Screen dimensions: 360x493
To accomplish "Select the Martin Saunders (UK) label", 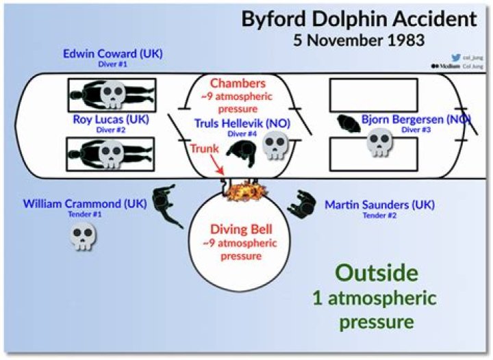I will tap(379, 205).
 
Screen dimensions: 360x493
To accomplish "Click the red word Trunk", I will tap(203, 148).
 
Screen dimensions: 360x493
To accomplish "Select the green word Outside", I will tap(377, 272).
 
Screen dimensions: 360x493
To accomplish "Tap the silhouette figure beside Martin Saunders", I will tap(303, 203).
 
